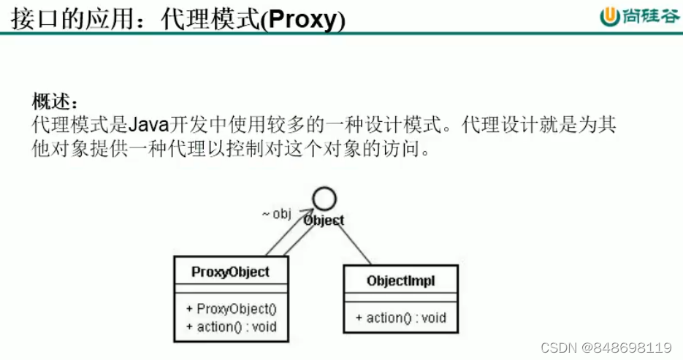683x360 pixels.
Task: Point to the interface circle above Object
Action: [324, 199]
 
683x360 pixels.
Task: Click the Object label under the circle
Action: [324, 219]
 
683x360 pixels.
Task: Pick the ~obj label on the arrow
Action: [277, 214]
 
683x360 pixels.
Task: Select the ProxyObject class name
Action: [230, 272]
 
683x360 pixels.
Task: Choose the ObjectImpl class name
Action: [401, 280]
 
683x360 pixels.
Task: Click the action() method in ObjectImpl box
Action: [400, 318]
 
